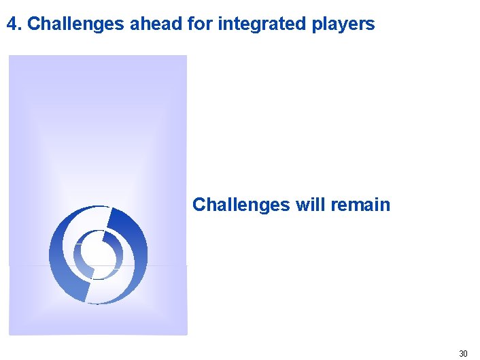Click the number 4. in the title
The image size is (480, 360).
[14, 24]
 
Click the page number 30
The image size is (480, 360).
[463, 353]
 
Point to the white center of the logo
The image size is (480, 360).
[98, 254]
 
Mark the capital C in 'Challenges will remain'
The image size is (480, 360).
[199, 205]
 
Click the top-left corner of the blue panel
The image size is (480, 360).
[10, 56]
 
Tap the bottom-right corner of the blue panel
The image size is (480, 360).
[186, 333]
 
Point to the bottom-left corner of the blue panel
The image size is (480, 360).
[10, 333]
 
